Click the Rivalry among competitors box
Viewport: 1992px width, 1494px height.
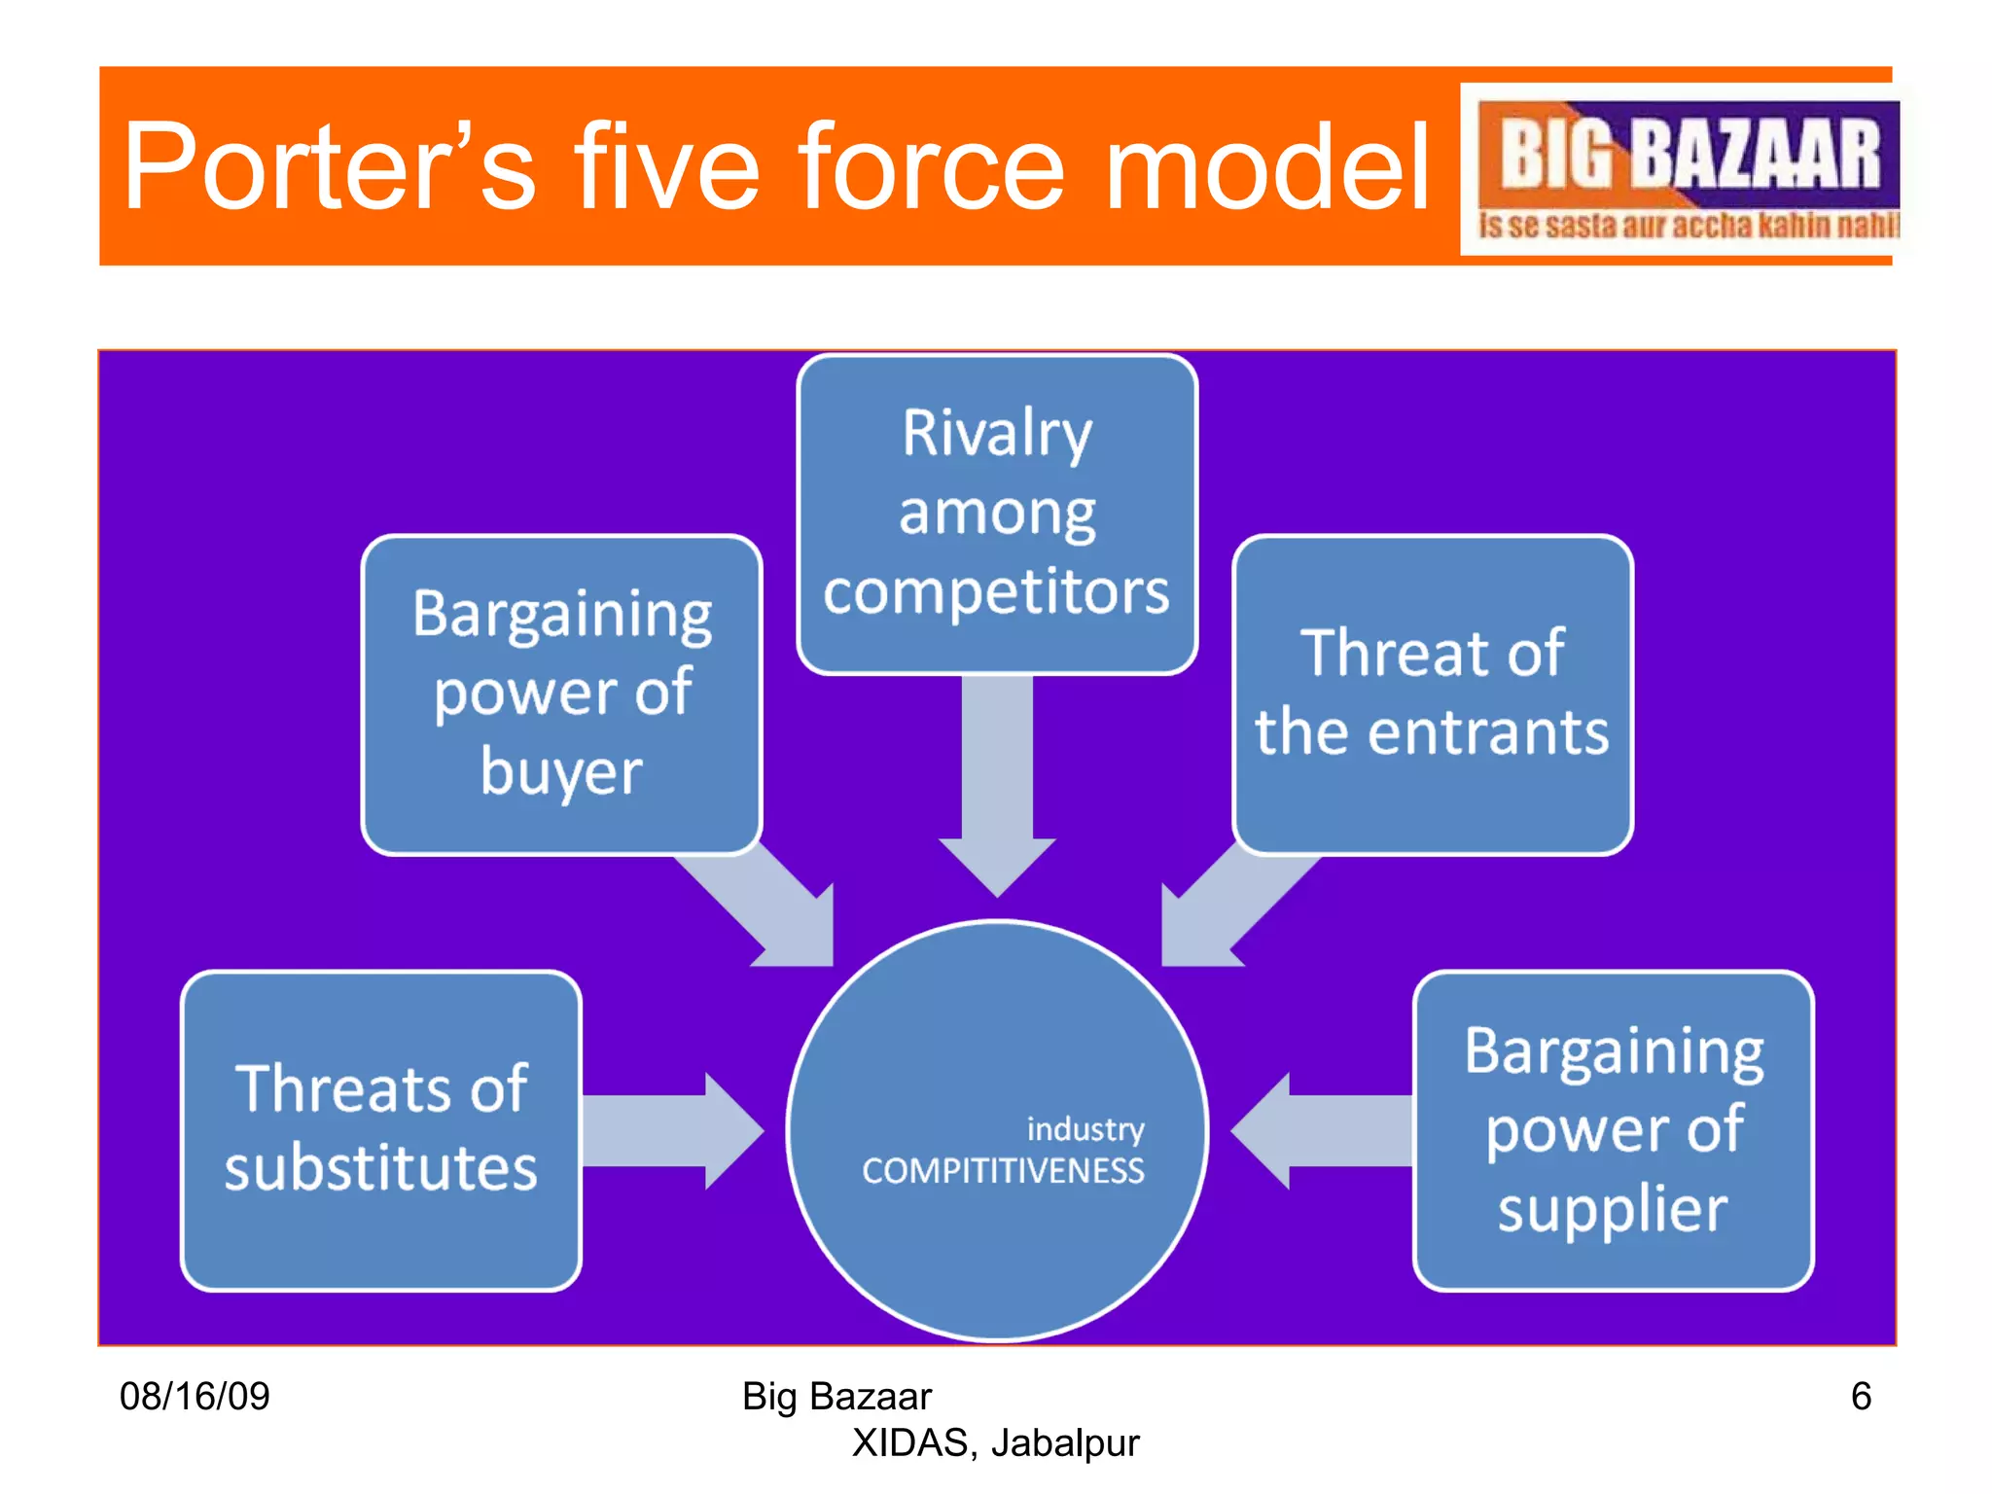pyautogui.click(x=997, y=514)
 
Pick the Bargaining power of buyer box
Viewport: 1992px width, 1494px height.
pyautogui.click(x=561, y=694)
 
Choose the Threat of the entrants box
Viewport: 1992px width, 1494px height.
pyautogui.click(x=1432, y=694)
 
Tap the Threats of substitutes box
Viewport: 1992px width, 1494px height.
pyautogui.click(x=380, y=1129)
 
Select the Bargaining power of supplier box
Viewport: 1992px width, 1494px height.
pyautogui.click(x=1613, y=1129)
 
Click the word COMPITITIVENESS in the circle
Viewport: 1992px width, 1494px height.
pyautogui.click(x=1003, y=1171)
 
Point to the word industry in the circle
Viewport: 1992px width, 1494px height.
pyautogui.click(x=1085, y=1129)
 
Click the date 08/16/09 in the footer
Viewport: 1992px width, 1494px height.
pyautogui.click(x=195, y=1397)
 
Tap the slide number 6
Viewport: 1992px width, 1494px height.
pyautogui.click(x=1861, y=1397)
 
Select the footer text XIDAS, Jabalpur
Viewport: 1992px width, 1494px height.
pyautogui.click(x=995, y=1443)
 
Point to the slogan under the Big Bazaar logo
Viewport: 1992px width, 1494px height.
pyautogui.click(x=1688, y=226)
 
